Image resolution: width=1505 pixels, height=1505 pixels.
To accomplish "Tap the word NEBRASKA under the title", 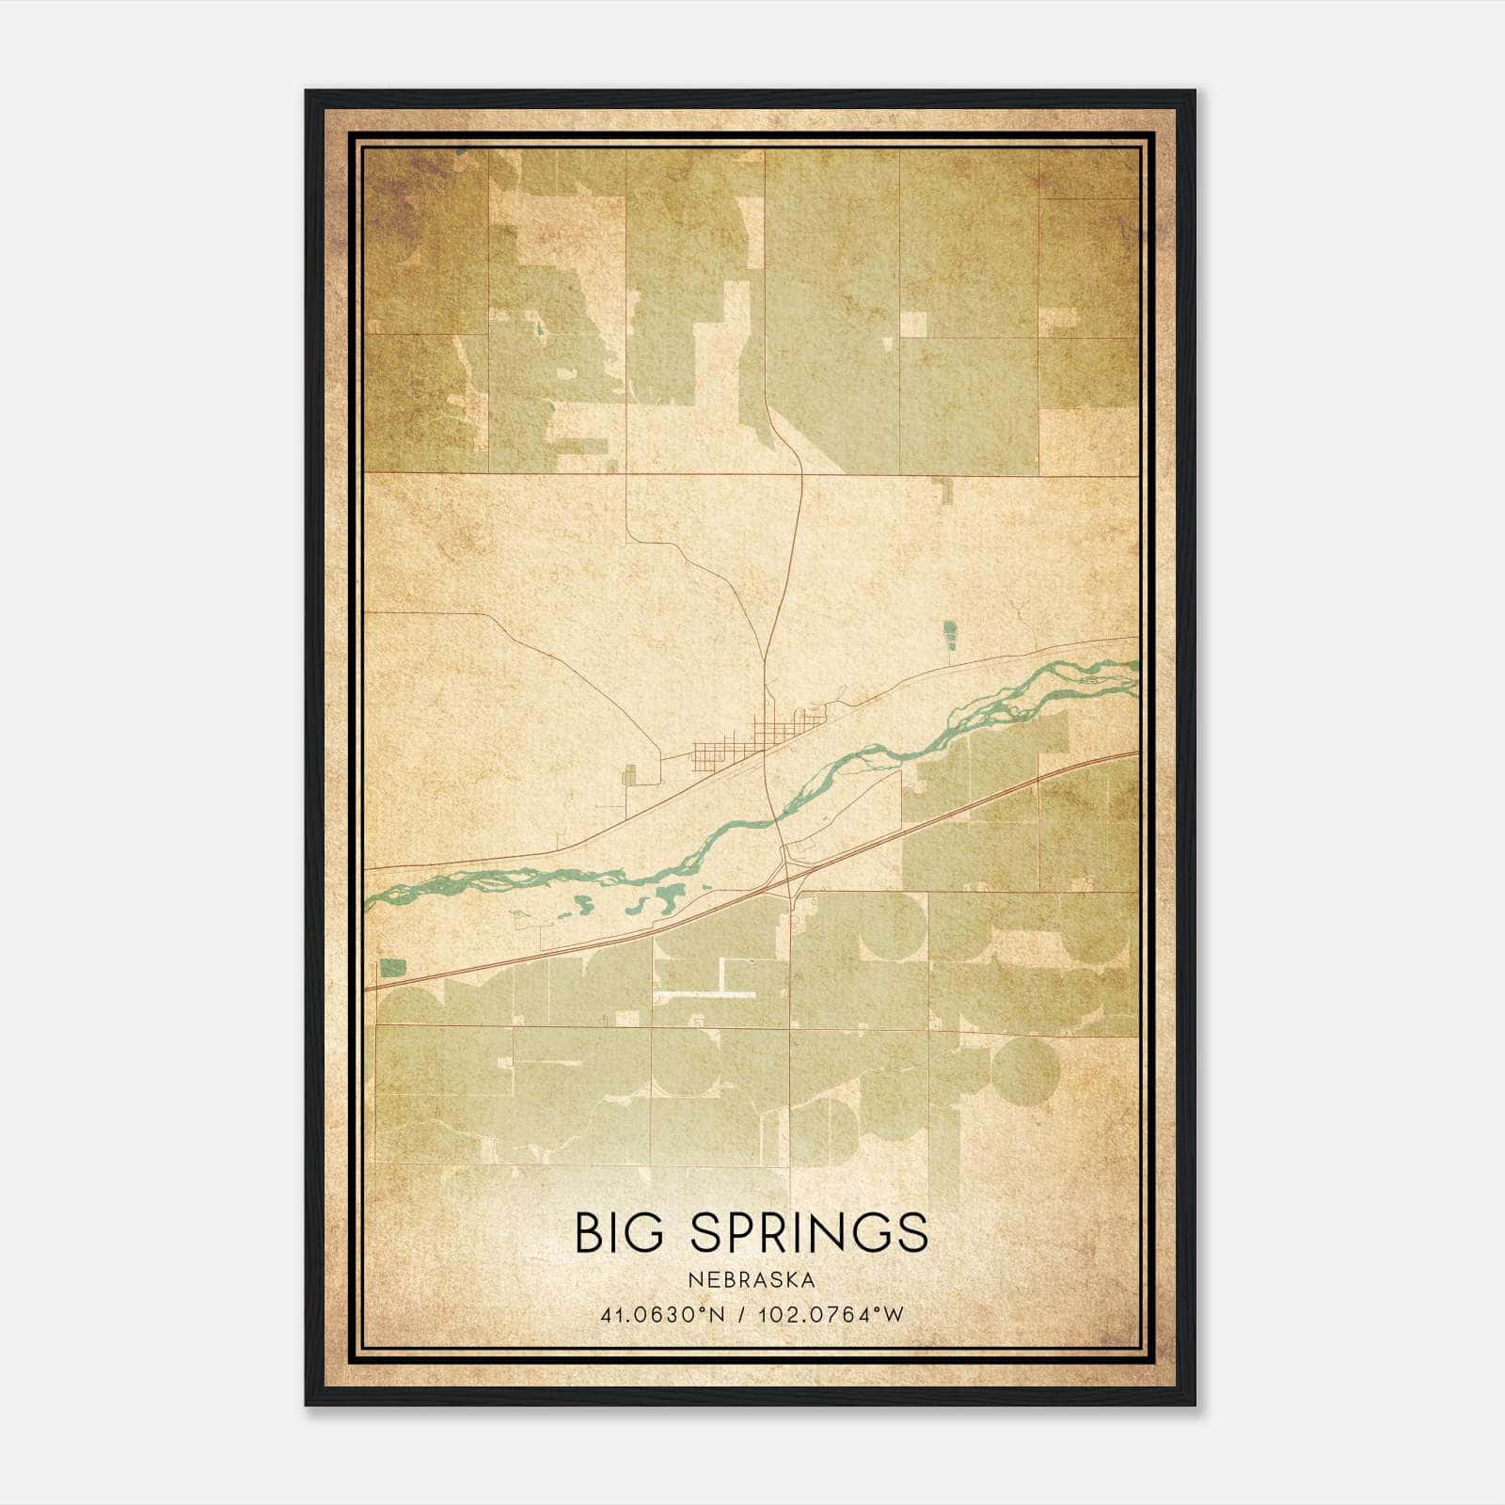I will click(x=752, y=1280).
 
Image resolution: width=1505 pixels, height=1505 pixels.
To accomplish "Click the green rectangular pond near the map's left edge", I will click(x=393, y=967).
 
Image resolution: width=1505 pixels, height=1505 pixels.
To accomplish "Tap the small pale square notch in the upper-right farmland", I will click(x=912, y=325).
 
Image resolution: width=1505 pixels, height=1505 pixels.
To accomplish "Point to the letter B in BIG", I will click(x=589, y=1233).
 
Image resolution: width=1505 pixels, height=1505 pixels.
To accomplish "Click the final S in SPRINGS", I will click(x=913, y=1233).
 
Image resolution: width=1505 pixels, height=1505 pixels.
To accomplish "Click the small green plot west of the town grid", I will click(x=629, y=774).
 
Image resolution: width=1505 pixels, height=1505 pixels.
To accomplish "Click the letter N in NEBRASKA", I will click(x=693, y=1280).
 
